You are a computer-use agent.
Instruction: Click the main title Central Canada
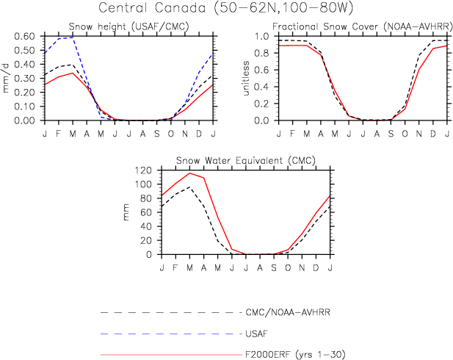[226, 10]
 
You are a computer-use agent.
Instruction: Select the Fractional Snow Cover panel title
[361, 28]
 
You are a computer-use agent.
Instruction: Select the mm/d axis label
[7, 78]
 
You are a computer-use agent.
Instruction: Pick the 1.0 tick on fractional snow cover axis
[267, 36]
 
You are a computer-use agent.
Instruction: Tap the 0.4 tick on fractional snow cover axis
[267, 87]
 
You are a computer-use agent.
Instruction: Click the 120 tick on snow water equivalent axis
[143, 170]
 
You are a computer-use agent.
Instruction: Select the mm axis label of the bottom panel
[126, 212]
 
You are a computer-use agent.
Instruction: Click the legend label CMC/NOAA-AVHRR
[286, 312]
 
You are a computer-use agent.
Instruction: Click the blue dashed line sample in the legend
[169, 334]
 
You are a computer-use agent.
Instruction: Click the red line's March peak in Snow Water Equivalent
[189, 173]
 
